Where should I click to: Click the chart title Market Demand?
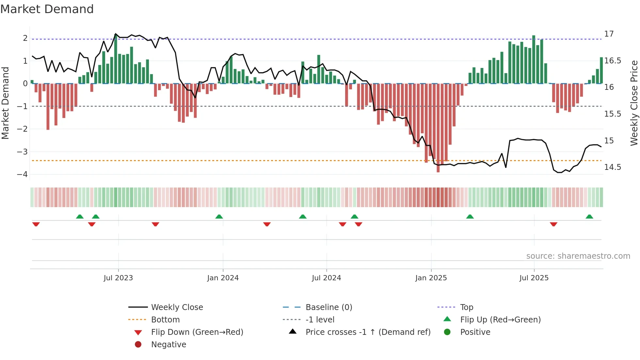(x=47, y=9)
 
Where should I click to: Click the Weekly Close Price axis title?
(x=634, y=103)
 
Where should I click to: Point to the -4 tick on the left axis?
(x=23, y=174)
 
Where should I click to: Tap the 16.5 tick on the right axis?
(x=613, y=61)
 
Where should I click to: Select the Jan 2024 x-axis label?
(x=223, y=278)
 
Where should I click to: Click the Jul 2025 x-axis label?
(x=534, y=278)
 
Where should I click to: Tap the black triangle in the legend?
(x=293, y=332)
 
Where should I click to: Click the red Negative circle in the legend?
(x=138, y=345)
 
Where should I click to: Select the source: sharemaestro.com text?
(x=578, y=256)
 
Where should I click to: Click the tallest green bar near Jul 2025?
(x=534, y=59)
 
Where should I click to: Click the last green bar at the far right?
(x=601, y=70)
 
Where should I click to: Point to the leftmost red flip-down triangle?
(x=36, y=224)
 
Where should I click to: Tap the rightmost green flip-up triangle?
(x=589, y=217)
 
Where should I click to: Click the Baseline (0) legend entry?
(x=328, y=307)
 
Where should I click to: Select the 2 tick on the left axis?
(x=25, y=38)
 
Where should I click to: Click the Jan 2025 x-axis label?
(x=431, y=278)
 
